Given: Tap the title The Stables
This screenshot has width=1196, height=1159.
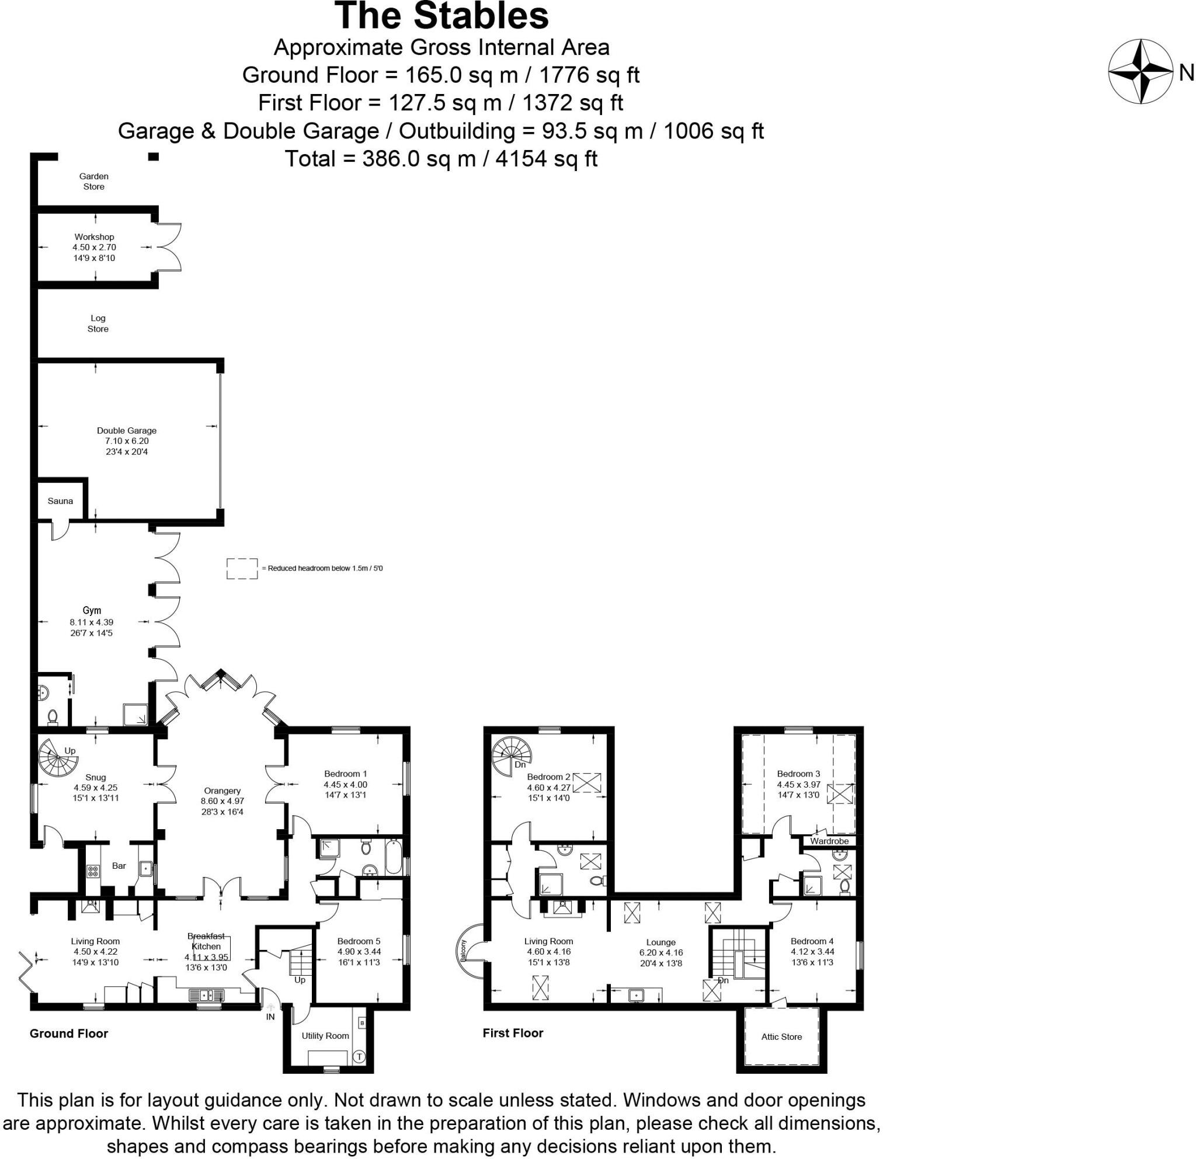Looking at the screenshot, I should point(442,16).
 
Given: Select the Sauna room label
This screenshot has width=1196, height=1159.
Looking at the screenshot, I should point(60,501).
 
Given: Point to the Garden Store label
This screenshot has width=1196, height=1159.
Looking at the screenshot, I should point(94,181).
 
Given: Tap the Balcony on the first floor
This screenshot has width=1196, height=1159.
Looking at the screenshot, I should point(467,951).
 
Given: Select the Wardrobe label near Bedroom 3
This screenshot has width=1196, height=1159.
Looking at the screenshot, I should point(829,841).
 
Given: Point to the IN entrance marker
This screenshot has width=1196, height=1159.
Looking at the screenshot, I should point(270,1017).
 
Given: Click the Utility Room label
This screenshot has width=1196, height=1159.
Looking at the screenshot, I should point(325,1036).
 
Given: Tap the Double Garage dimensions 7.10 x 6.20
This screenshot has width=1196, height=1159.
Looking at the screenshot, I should point(126,441).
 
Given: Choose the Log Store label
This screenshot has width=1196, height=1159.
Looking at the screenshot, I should point(98,323).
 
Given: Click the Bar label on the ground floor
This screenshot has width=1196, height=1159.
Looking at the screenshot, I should point(119,865).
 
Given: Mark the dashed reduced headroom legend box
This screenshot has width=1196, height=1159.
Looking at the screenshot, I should point(242,568).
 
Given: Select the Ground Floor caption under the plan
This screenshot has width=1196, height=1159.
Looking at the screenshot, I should point(68,1033).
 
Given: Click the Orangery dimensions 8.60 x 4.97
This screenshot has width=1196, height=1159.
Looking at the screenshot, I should point(222,802).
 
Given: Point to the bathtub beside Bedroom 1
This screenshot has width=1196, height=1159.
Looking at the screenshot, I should point(394,858).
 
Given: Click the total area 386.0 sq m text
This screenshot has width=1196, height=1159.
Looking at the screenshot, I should point(440,159).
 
